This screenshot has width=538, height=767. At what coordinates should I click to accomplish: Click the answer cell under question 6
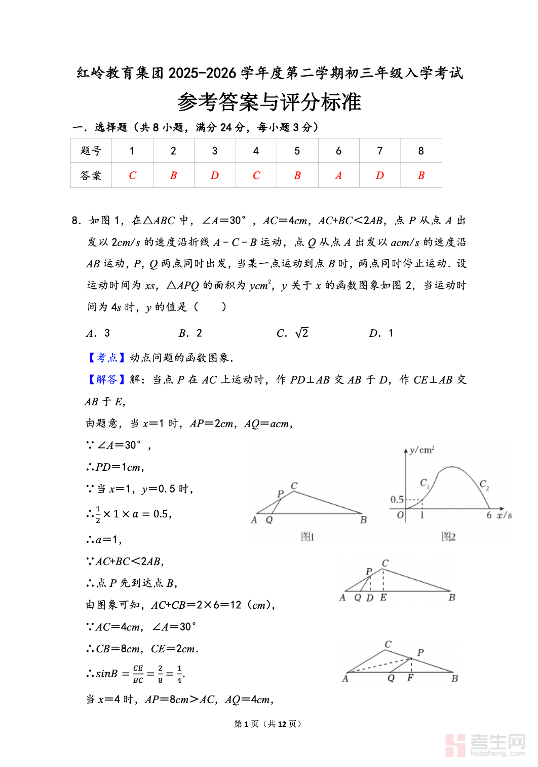pyautogui.click(x=338, y=176)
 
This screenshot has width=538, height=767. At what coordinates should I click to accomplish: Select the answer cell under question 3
pyautogui.click(x=215, y=176)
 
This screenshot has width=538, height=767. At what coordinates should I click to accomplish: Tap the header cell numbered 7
pyautogui.click(x=380, y=151)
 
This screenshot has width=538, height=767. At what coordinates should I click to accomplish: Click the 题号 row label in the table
pyautogui.click(x=91, y=151)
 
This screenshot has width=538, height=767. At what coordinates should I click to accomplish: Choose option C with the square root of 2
pyautogui.click(x=293, y=333)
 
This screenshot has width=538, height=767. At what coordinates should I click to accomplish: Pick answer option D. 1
pyautogui.click(x=381, y=333)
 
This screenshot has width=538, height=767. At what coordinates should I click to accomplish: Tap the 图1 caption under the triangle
pyautogui.click(x=308, y=536)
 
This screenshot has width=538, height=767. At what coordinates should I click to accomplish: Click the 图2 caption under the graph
pyautogui.click(x=448, y=536)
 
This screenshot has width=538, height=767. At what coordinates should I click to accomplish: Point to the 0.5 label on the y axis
pyautogui.click(x=397, y=500)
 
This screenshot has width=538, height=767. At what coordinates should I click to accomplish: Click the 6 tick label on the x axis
pyautogui.click(x=489, y=515)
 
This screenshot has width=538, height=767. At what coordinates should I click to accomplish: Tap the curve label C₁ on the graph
pyautogui.click(x=425, y=483)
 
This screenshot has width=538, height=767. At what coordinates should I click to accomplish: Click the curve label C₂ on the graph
pyautogui.click(x=484, y=484)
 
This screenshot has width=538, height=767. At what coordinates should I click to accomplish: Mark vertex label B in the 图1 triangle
pyautogui.click(x=363, y=520)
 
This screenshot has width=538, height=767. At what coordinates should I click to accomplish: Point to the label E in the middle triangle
pyautogui.click(x=383, y=598)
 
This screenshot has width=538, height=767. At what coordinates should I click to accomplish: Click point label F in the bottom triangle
pyautogui.click(x=410, y=678)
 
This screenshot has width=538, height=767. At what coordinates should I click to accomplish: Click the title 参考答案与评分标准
pyautogui.click(x=269, y=102)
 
